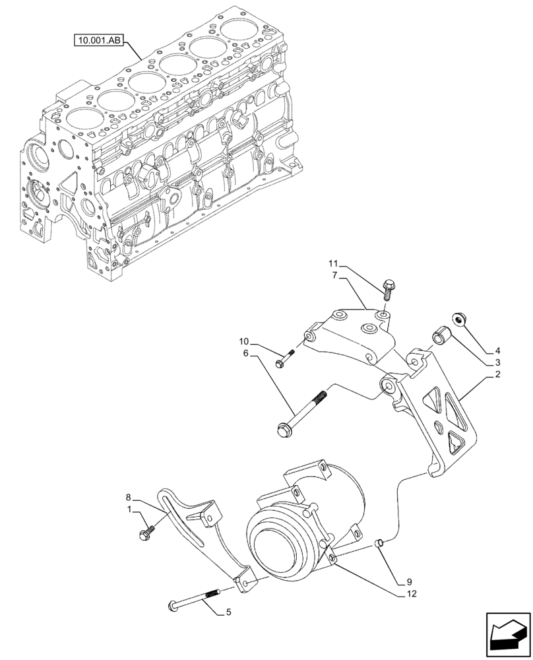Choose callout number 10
pyautogui.click(x=243, y=342)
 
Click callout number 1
pyautogui.click(x=129, y=510)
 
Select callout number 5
pyautogui.click(x=228, y=612)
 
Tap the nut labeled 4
pyautogui.click(x=459, y=321)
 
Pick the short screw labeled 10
pyautogui.click(x=284, y=361)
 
